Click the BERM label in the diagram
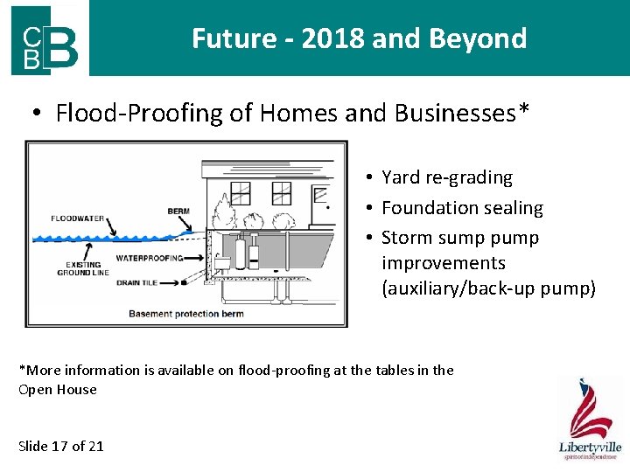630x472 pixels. (178, 211)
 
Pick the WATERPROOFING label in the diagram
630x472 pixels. (150, 258)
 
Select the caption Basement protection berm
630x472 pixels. (186, 313)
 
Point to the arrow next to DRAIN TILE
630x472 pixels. (196, 282)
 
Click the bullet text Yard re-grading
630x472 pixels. (446, 177)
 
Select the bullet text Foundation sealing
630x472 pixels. (462, 208)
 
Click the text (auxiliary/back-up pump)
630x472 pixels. (488, 288)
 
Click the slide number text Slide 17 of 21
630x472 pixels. (61, 446)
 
